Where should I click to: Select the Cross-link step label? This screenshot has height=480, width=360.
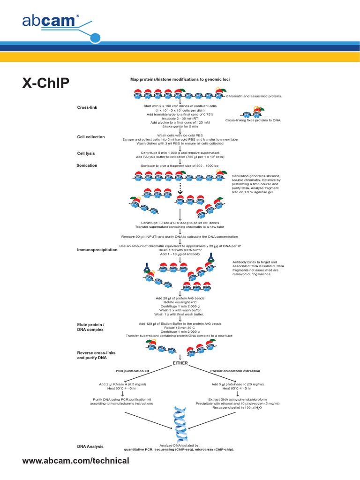[x=87, y=108]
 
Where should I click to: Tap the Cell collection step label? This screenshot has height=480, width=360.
[x=91, y=137]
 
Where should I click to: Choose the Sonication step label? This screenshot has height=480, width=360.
[x=87, y=165]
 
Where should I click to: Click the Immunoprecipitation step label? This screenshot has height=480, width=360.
[x=97, y=250]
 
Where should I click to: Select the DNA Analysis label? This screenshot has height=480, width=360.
[x=90, y=446]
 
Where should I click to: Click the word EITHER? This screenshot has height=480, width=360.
[x=180, y=362]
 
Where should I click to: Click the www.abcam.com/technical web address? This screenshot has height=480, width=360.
[x=75, y=461]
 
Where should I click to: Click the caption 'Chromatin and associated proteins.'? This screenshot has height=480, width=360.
[x=255, y=96]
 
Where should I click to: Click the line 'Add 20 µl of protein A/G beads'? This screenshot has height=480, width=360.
[x=180, y=298]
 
